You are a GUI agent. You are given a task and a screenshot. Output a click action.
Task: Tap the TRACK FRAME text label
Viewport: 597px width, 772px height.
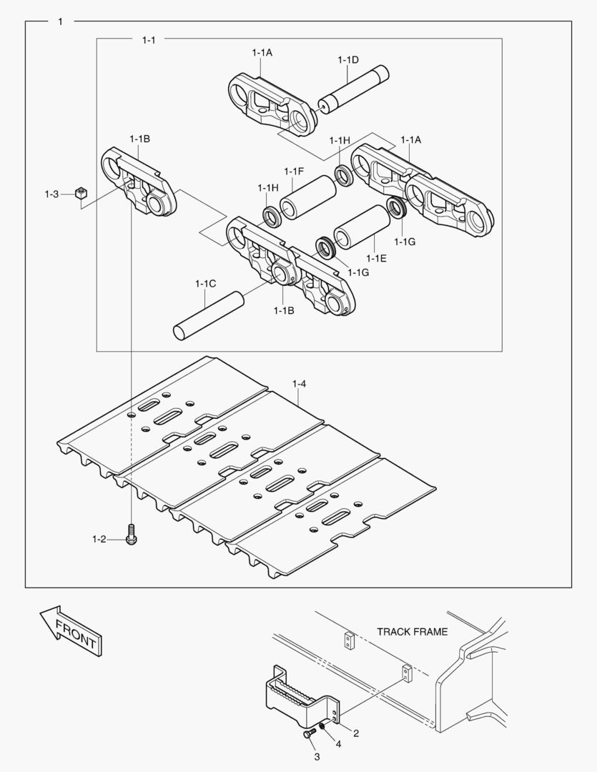pos(413,632)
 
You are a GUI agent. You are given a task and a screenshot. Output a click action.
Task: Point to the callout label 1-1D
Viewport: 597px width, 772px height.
pos(348,60)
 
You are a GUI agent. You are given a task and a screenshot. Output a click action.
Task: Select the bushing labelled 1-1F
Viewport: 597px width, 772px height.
pos(307,198)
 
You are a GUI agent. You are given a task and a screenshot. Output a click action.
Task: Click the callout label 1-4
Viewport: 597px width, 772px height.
pos(299,385)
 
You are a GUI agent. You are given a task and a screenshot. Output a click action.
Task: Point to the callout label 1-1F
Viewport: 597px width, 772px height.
pos(294,171)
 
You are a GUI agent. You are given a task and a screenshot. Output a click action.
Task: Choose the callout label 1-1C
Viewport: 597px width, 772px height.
pos(205,284)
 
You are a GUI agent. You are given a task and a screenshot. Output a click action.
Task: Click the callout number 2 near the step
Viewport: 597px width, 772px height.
pos(356,733)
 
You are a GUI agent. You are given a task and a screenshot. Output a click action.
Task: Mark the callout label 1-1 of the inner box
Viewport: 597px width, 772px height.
pos(148,40)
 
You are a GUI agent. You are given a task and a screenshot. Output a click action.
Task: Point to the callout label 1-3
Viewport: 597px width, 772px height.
pos(51,194)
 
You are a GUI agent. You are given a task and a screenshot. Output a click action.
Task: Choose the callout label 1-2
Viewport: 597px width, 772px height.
pos(98,539)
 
